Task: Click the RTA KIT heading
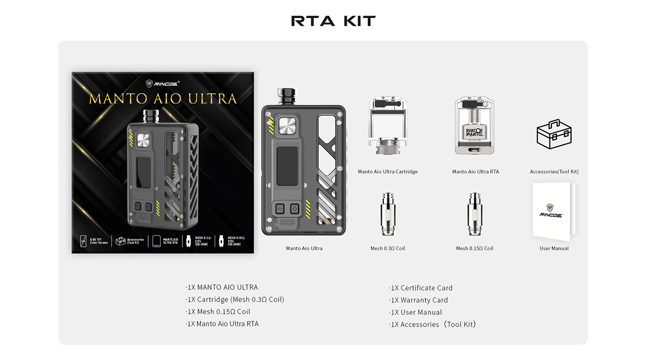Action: tap(333, 21)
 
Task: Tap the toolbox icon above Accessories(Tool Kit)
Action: tap(554, 134)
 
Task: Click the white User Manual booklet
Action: tap(552, 211)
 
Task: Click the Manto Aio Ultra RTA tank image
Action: tap(474, 126)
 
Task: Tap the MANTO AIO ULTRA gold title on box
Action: tap(163, 98)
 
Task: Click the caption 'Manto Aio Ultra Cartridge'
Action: tap(387, 172)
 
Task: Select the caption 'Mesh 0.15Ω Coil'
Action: tap(474, 249)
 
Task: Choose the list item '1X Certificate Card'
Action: tap(421, 288)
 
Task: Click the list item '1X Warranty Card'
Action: tap(419, 300)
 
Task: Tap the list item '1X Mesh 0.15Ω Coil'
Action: tap(218, 312)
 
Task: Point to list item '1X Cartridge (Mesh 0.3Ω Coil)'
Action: tap(235, 300)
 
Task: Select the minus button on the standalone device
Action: tap(279, 209)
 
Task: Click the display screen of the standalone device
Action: tap(287, 166)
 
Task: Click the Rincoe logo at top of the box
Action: tap(162, 83)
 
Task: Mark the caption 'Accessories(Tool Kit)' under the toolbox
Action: tap(554, 172)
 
